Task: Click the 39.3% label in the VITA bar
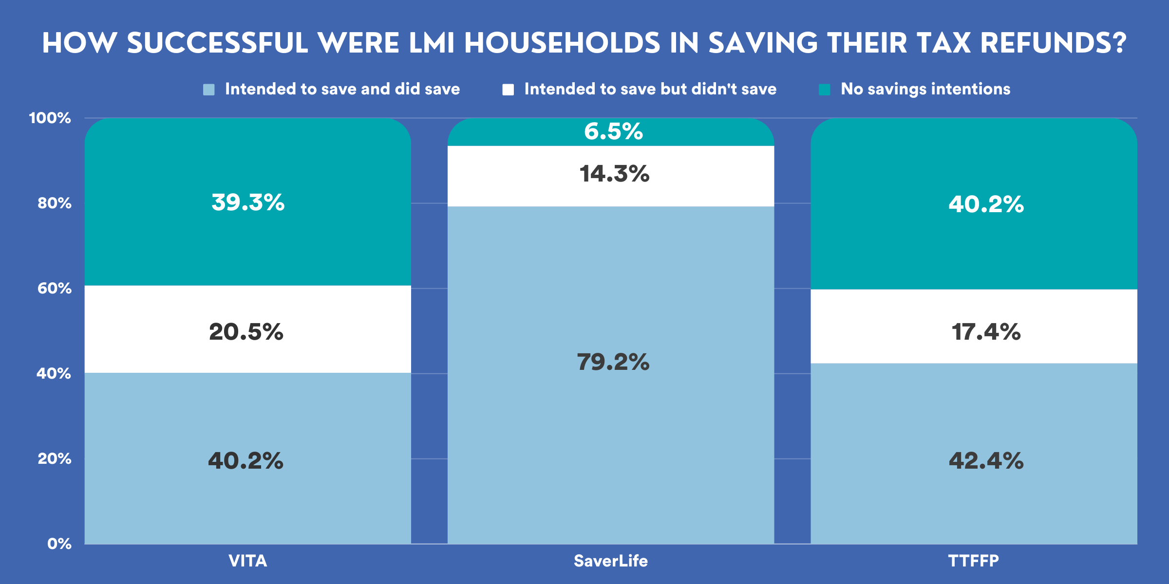(x=248, y=202)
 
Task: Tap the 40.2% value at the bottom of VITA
(x=245, y=460)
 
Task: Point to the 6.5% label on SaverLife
(x=613, y=131)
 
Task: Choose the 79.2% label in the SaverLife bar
(x=613, y=362)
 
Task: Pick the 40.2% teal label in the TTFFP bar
(x=986, y=204)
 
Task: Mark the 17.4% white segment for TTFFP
(x=986, y=332)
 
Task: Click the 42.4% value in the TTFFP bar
(x=986, y=460)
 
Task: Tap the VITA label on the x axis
(x=248, y=561)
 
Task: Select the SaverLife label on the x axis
(x=611, y=561)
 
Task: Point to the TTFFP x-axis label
(x=973, y=561)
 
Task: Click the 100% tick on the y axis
(x=50, y=118)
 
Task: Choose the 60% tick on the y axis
(x=54, y=288)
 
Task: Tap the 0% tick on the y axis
(x=59, y=544)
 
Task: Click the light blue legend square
(x=208, y=90)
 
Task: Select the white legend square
(x=508, y=90)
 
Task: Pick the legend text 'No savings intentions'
(x=925, y=89)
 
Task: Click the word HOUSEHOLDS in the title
(x=562, y=43)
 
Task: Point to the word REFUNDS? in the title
(x=1054, y=43)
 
